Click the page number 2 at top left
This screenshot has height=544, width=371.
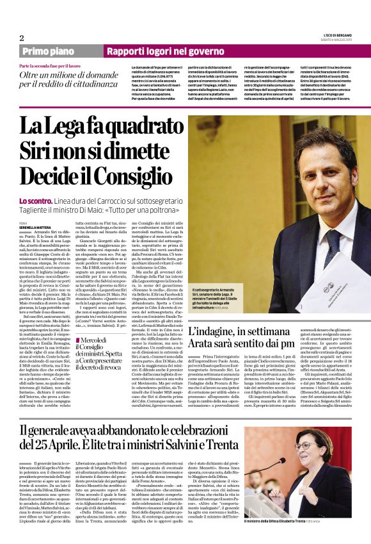(x=21, y=38)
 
